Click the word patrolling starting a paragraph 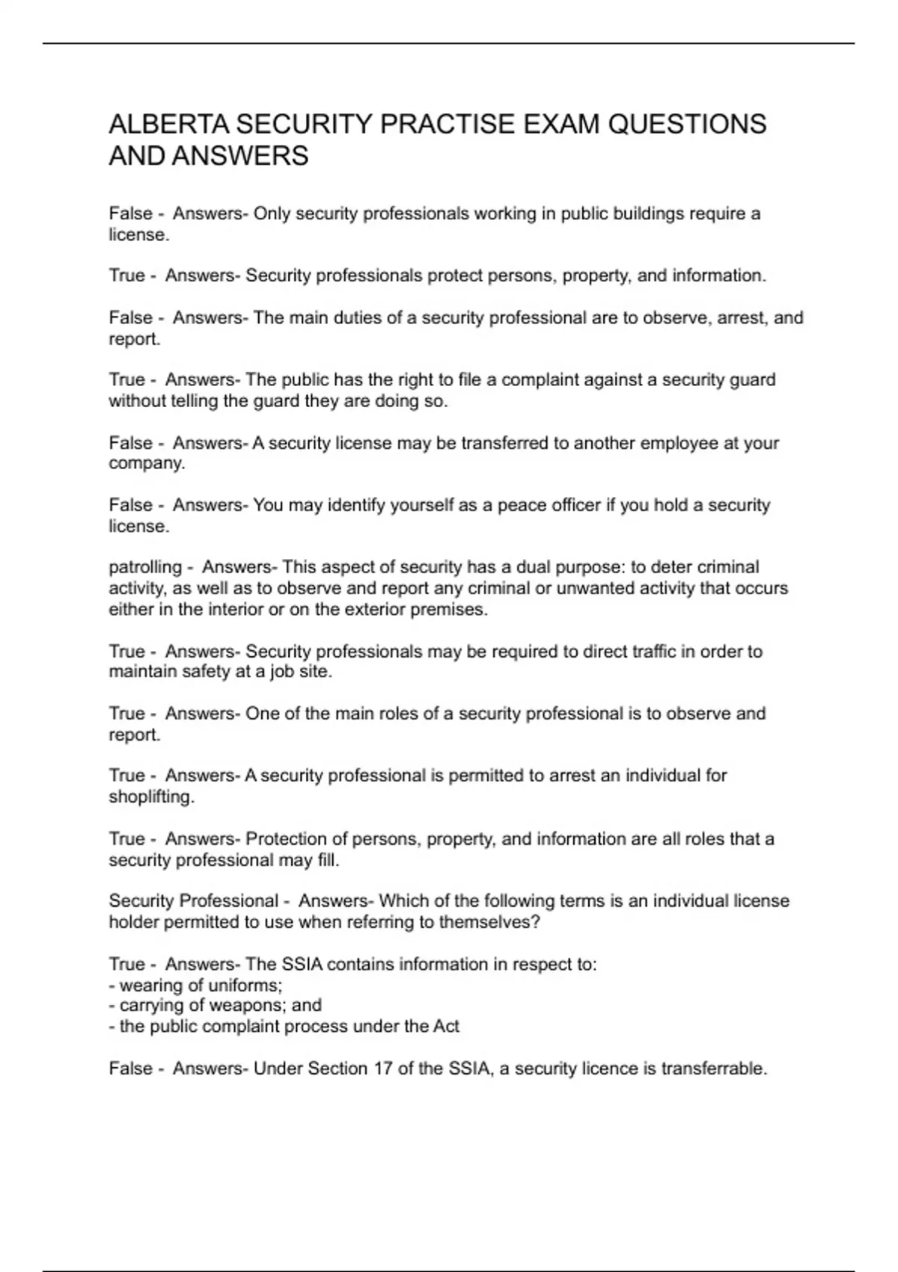tap(145, 567)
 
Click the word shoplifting tap(151, 797)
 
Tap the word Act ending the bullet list tap(446, 1026)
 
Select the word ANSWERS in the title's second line tap(240, 156)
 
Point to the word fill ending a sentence tap(326, 860)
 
